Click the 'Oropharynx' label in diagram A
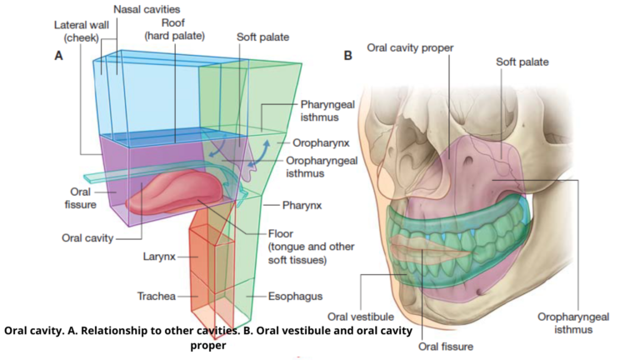coord(318,142)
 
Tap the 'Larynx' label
coord(157,256)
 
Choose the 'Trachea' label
coord(156,296)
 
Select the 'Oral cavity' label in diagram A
coord(87,237)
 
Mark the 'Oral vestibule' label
coord(361,316)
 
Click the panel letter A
coord(58,56)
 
